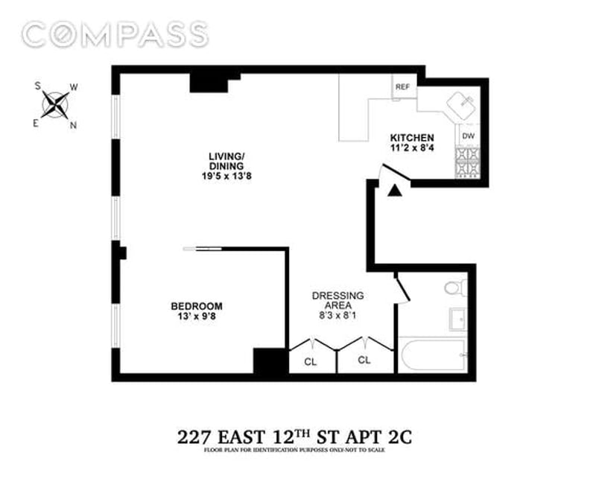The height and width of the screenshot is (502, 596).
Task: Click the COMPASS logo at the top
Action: click(115, 34)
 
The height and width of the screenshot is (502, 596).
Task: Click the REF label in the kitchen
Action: click(402, 87)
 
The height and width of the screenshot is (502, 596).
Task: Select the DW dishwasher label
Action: click(469, 136)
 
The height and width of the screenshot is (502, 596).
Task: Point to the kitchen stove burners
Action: click(468, 162)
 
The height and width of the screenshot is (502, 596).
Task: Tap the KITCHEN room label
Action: click(412, 138)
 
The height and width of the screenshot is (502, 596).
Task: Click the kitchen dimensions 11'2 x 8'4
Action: click(412, 148)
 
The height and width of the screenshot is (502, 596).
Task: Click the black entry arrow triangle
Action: click(395, 191)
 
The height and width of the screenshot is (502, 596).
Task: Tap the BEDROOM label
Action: click(197, 306)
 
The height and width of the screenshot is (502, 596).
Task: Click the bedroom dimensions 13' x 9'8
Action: click(197, 317)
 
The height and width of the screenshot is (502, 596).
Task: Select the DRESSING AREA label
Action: click(337, 300)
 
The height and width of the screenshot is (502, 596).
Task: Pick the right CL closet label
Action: click(364, 360)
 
